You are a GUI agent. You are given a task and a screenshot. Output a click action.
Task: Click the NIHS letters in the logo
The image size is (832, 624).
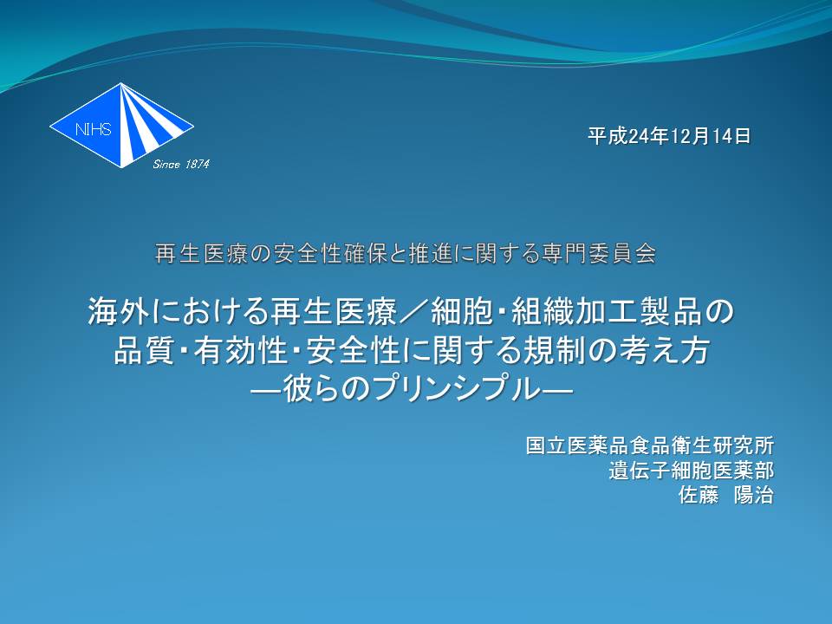pyautogui.click(x=94, y=129)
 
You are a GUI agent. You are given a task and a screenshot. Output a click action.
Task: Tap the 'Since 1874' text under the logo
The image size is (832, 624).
pyautogui.click(x=181, y=165)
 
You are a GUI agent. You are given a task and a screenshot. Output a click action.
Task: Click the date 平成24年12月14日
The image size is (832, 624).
pyautogui.click(x=669, y=136)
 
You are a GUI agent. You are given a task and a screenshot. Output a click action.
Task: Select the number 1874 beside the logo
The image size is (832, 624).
pyautogui.click(x=197, y=165)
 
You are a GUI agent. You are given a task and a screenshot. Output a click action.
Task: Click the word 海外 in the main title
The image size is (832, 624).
pyautogui.click(x=119, y=311)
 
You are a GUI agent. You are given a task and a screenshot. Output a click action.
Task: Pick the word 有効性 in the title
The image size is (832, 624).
pyautogui.click(x=240, y=351)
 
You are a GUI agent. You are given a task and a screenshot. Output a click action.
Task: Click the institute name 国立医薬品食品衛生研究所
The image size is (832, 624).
pyautogui.click(x=649, y=445)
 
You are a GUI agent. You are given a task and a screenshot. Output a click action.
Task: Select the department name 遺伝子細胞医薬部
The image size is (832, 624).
pyautogui.click(x=691, y=470)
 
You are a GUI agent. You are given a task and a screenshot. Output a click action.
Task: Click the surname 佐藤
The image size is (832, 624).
pyautogui.click(x=699, y=495)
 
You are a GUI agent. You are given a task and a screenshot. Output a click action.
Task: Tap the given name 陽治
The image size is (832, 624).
pyautogui.click(x=753, y=495)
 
